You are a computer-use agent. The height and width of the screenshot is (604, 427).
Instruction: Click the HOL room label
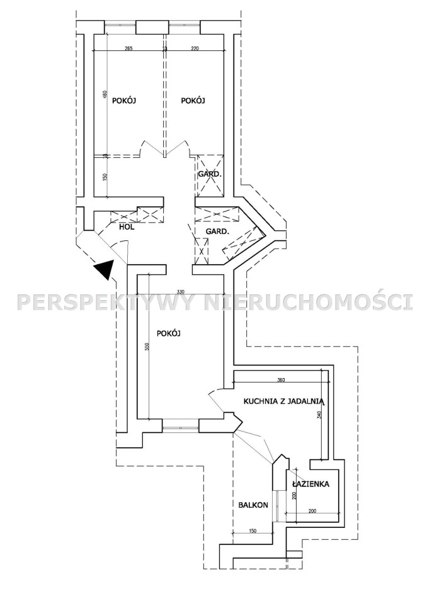[x=127, y=227]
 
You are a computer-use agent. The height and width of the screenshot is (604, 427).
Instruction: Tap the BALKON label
[x=253, y=505]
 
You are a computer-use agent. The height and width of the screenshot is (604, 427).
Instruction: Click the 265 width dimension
[x=128, y=48]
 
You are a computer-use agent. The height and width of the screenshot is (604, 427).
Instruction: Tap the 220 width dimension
[x=195, y=48]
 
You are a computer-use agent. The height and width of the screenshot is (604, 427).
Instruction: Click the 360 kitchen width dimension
[x=280, y=380]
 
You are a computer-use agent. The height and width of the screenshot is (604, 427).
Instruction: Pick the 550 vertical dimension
[x=147, y=347]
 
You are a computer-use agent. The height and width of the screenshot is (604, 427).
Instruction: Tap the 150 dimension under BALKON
[x=253, y=531]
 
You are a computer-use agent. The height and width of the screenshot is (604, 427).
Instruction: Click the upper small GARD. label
[x=210, y=174]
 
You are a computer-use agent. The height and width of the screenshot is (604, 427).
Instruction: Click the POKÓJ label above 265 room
[x=124, y=101]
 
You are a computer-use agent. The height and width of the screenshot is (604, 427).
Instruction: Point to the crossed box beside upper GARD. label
[x=210, y=174]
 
